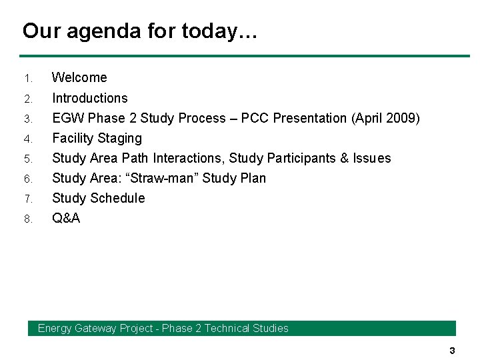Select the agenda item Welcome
coord(79,77)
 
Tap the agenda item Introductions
coord(90,98)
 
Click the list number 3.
coord(28,119)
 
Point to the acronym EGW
coord(68,118)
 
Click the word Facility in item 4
coord(73,138)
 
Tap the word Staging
coord(120,138)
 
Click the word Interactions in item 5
coord(189,158)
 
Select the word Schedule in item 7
coord(117,198)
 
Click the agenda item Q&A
coord(66,218)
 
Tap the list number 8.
coord(28,219)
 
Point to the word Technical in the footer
coord(227,328)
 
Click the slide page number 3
coord(452,351)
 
